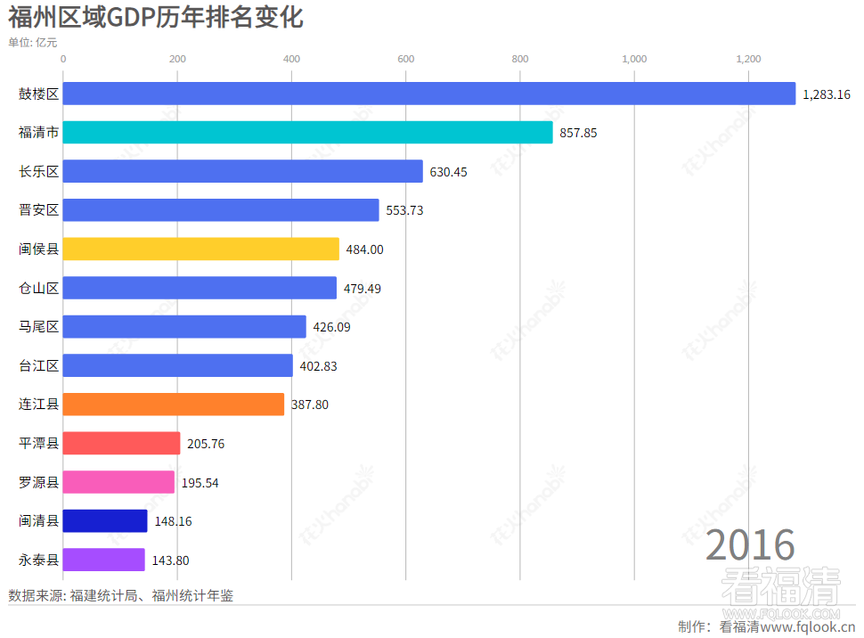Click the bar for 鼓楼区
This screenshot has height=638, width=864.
[x=428, y=94]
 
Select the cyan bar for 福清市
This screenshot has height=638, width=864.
[x=307, y=133]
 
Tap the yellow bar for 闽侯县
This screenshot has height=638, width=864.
[x=200, y=249]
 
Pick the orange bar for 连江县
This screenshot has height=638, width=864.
[x=173, y=405]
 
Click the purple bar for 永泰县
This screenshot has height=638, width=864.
[x=103, y=560]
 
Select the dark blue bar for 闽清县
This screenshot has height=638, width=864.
[x=104, y=521]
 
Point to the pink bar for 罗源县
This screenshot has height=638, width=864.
[x=118, y=482]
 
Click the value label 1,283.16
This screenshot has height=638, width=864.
[x=827, y=94]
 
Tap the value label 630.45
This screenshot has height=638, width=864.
[x=448, y=172]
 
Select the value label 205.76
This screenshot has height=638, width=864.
[x=206, y=444]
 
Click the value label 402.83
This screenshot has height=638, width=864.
[x=318, y=366]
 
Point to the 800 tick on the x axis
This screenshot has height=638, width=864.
[x=520, y=59]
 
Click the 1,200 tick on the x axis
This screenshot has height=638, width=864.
[x=748, y=59]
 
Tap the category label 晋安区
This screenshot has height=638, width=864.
[x=38, y=210]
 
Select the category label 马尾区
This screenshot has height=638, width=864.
[x=38, y=327]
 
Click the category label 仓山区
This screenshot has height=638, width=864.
[x=38, y=288]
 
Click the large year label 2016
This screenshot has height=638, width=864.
[x=750, y=545]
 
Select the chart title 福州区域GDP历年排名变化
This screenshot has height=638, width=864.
[x=156, y=18]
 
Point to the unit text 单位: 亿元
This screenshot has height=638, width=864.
[x=33, y=42]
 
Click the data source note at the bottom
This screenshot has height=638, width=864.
[x=120, y=595]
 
